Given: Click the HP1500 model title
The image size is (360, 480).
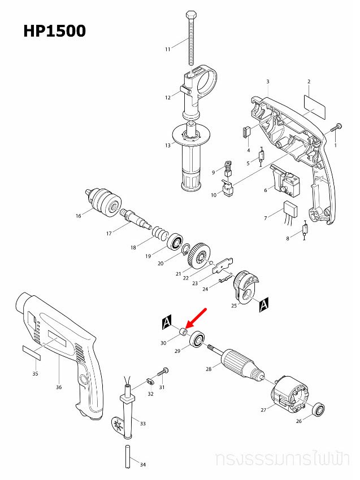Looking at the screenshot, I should coord(54,30).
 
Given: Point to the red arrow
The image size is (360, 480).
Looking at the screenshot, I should coord(197,317).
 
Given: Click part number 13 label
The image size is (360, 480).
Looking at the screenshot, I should coord(167,146).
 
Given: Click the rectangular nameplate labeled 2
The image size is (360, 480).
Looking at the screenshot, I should coord(315,105).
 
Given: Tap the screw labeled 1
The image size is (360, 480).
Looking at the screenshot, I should coord(337,128).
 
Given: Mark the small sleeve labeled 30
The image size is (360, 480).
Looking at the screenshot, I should coord(184,332).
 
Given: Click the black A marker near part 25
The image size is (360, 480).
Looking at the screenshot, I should coord(262,306).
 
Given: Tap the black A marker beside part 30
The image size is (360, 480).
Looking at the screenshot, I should coord(166,322).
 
